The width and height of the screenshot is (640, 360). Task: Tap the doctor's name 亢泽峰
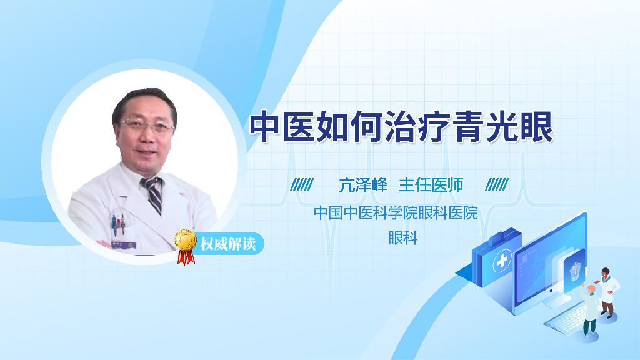363,185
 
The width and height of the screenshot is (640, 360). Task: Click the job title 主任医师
431,185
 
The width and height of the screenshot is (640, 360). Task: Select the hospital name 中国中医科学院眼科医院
395,213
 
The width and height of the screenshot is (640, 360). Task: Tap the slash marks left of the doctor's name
302,185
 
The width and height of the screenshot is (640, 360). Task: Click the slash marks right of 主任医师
497,185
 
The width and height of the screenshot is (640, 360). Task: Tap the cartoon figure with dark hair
608,291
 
